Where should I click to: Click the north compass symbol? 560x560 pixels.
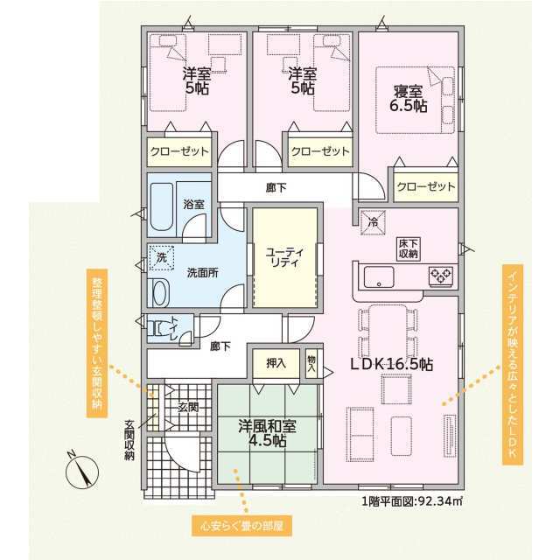[x=82, y=472]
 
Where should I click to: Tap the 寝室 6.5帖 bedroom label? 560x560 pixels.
[x=409, y=99]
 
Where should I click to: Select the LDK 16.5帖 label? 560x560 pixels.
[x=392, y=364]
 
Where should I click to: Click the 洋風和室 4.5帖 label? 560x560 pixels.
[x=267, y=434]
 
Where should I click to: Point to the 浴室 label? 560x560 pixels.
[x=194, y=204]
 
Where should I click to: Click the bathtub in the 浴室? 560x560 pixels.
[x=161, y=206]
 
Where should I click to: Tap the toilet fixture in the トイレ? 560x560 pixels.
[x=160, y=328]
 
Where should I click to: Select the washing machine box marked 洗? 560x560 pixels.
[x=161, y=257]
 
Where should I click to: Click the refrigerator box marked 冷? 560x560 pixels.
[x=373, y=222]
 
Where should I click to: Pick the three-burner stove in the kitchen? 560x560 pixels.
[x=441, y=276]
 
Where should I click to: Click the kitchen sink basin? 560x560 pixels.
[x=379, y=277]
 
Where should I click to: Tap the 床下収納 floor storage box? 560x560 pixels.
[x=409, y=248]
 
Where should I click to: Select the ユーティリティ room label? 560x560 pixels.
[x=283, y=257]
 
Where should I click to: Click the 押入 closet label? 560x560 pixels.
[x=276, y=363]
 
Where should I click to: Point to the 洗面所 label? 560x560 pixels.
[x=202, y=273]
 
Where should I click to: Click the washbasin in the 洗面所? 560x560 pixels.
[x=160, y=292]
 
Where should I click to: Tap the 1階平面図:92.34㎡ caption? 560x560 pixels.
[x=412, y=501]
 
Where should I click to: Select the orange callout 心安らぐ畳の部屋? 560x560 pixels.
[x=241, y=526]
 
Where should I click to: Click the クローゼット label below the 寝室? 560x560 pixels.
[x=426, y=186]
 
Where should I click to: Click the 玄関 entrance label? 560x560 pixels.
[x=188, y=407]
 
